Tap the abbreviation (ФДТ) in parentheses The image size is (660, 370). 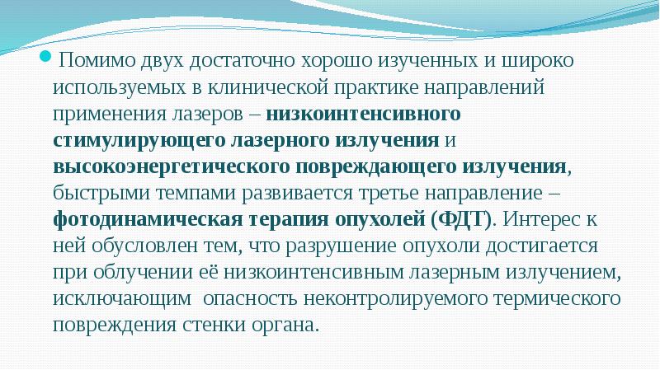[460, 220]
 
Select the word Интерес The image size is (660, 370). [544, 220]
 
